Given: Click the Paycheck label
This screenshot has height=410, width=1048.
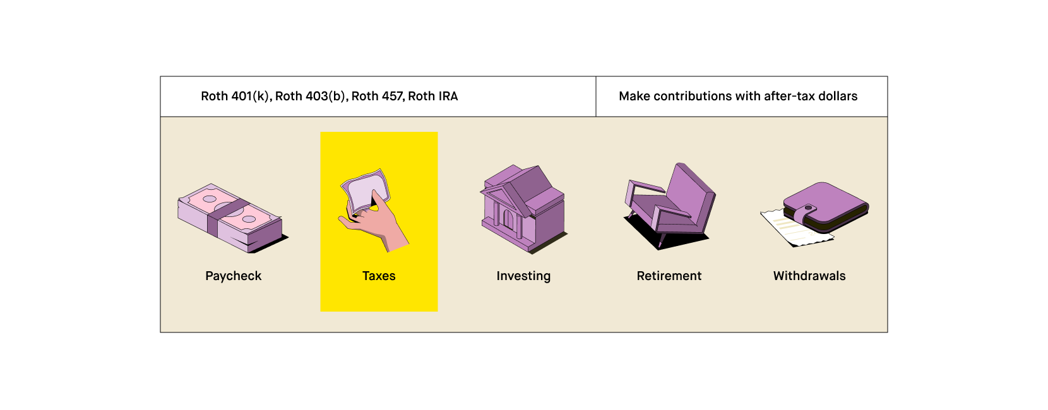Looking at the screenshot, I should pyautogui.click(x=233, y=276).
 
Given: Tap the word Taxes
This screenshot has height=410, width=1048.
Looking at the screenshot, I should pyautogui.click(x=379, y=276).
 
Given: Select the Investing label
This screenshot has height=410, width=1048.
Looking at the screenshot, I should pyautogui.click(x=523, y=276).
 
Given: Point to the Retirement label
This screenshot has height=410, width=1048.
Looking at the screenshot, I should pyautogui.click(x=669, y=276).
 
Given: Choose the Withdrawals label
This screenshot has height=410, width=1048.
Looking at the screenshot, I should pyautogui.click(x=809, y=276).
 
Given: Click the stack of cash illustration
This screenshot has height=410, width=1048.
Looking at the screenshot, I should pyautogui.click(x=230, y=217).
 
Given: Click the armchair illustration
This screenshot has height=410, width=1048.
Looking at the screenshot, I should pyautogui.click(x=670, y=205).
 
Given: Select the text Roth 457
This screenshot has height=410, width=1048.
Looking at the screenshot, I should pyautogui.click(x=377, y=97).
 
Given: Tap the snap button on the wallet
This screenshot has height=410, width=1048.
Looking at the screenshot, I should pyautogui.click(x=808, y=208).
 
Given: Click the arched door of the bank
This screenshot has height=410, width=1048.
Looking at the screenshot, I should pyautogui.click(x=508, y=219).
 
